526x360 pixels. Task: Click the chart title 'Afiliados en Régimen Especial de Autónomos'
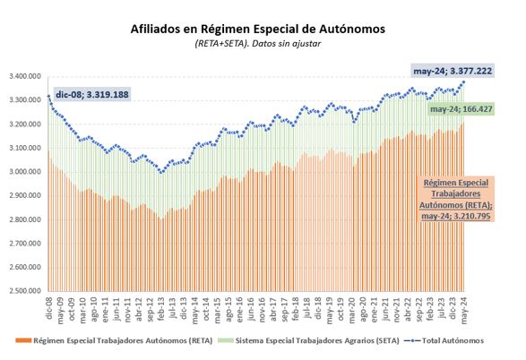[258, 29]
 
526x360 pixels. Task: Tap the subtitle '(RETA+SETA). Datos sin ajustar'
[258, 44]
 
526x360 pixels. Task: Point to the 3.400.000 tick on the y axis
[25, 77]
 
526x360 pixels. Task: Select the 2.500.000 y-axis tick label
[25, 291]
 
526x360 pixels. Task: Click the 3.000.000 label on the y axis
[25, 172]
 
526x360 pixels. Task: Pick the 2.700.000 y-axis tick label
[25, 244]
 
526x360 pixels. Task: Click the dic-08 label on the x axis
[49, 308]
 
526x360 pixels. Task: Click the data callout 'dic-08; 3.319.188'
[92, 95]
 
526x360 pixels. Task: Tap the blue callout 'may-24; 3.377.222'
[453, 71]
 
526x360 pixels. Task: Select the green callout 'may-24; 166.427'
[461, 109]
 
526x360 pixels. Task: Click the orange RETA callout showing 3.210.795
[456, 199]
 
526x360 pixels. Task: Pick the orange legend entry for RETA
[114, 340]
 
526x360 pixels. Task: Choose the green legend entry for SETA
[308, 340]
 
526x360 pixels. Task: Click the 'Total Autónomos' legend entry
[444, 340]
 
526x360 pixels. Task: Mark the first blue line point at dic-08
[48, 96]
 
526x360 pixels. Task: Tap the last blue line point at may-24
[464, 81]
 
